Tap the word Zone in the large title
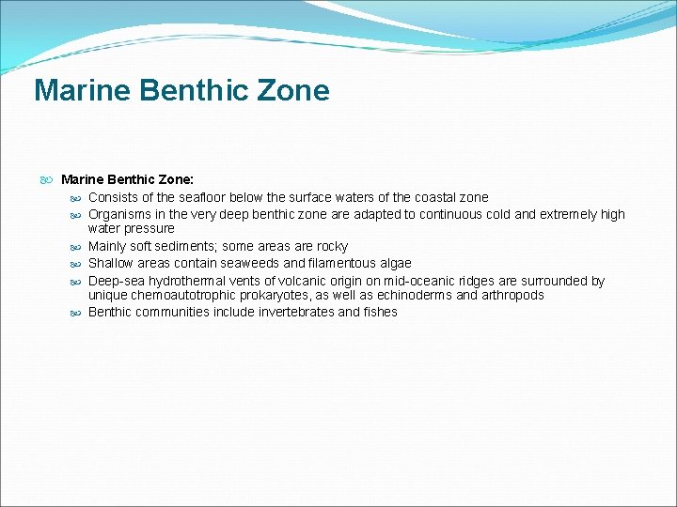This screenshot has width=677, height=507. click(295, 91)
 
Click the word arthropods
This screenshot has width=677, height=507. click(510, 295)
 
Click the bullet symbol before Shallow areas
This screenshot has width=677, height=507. click(76, 264)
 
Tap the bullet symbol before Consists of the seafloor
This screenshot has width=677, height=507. click(76, 198)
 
